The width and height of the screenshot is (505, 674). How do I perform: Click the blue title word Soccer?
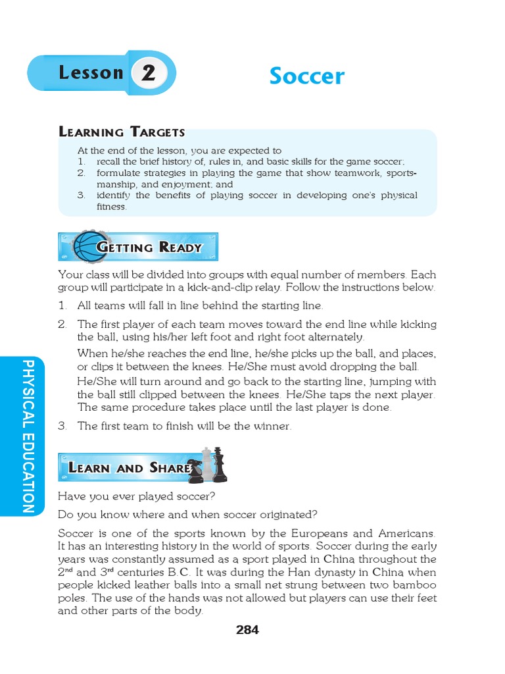[306, 76]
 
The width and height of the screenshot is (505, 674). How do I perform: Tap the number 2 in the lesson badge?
[148, 73]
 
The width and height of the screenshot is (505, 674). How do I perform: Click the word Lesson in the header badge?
[91, 73]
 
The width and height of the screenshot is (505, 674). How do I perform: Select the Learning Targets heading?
[122, 132]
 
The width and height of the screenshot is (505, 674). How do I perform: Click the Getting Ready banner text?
[150, 247]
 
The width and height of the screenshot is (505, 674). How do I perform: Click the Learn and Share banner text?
[128, 468]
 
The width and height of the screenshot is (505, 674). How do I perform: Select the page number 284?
[247, 630]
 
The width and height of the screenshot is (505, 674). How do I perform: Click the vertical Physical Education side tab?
[28, 436]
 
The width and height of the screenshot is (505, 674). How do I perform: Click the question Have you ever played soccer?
[137, 496]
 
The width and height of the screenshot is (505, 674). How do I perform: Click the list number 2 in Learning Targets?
[81, 173]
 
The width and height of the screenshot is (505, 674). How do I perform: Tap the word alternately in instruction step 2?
[322, 337]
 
